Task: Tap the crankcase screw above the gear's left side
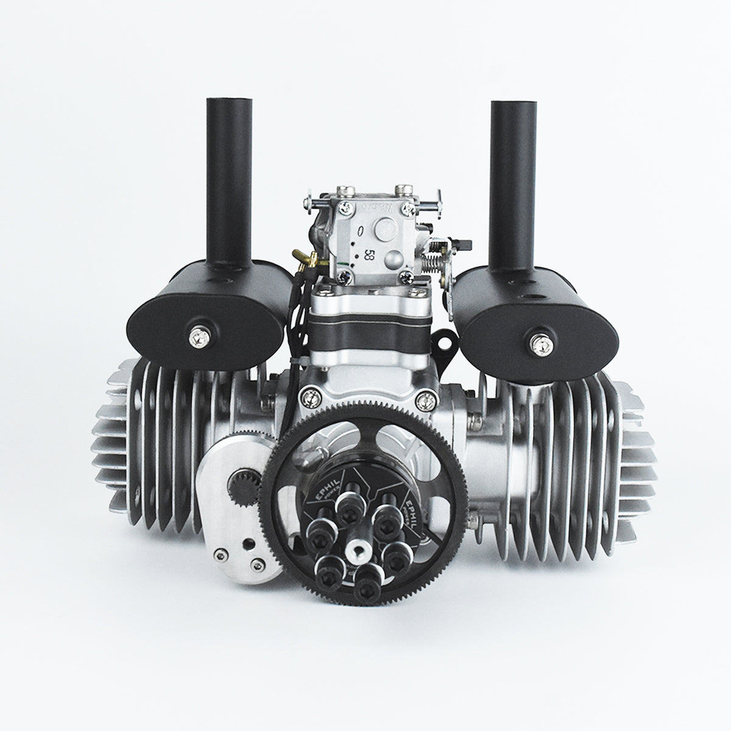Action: tap(312, 397)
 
